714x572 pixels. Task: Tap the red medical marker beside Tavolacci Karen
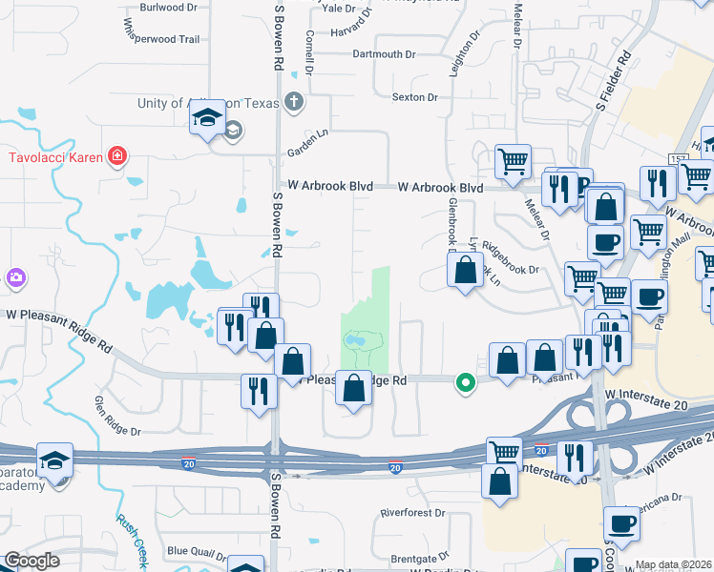pyautogui.click(x=117, y=155)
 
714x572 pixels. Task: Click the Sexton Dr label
pyautogui.click(x=414, y=97)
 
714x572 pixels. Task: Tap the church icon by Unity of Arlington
pyautogui.click(x=294, y=101)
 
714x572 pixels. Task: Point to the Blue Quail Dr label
pyautogui.click(x=196, y=550)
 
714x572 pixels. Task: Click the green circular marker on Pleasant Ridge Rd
pyautogui.click(x=466, y=383)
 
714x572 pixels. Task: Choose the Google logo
pyautogui.click(x=31, y=561)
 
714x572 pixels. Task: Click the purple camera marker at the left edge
pyautogui.click(x=14, y=277)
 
